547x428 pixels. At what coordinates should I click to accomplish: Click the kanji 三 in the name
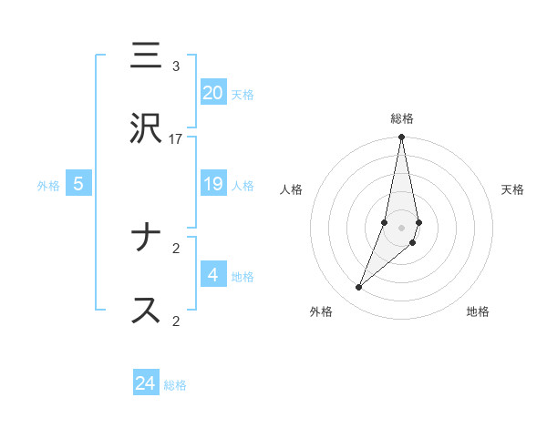[x=147, y=56]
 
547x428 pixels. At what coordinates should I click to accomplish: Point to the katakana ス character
[x=147, y=310]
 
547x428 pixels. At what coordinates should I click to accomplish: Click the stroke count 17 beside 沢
[x=176, y=139]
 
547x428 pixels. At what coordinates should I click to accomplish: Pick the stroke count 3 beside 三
[x=176, y=66]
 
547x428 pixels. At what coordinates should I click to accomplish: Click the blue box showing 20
[x=212, y=93]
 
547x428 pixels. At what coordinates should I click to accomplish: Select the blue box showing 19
[x=212, y=184]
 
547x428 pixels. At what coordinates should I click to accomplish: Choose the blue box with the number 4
[x=212, y=275]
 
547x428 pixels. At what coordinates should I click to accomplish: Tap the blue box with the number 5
[x=78, y=184]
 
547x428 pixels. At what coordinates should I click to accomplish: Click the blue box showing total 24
[x=146, y=383]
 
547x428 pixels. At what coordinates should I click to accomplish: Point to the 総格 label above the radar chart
[x=402, y=118]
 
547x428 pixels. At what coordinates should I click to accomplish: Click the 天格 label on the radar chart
[x=512, y=189]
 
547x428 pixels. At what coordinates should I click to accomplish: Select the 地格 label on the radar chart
[x=478, y=311]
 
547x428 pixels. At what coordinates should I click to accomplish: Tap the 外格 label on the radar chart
[x=321, y=311]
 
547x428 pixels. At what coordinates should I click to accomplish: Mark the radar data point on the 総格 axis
[x=401, y=138]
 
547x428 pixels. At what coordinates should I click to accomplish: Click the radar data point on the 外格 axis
[x=359, y=288]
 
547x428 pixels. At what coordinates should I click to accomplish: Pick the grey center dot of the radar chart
[x=401, y=228]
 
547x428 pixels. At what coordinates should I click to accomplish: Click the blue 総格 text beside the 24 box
[x=175, y=385]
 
